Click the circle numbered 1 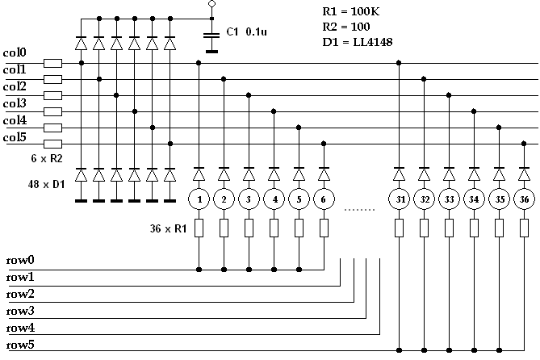coord(199,199)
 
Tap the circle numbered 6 coord(324,199)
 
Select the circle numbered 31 coord(400,199)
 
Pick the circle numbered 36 coord(524,199)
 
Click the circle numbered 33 coord(450,199)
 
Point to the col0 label coord(15,53)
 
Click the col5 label coord(15,137)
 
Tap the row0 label coord(20,260)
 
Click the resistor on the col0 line coord(53,63)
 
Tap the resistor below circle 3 coord(249,229)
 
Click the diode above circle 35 coord(500,173)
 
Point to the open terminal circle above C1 coord(211,4)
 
